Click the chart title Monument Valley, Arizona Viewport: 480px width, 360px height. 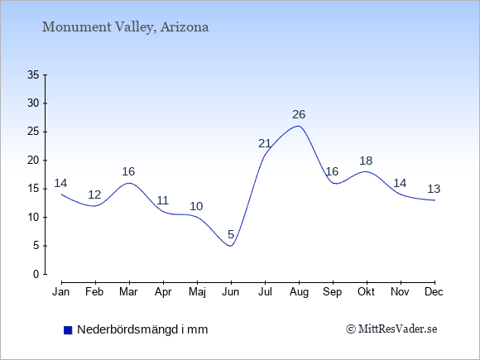tap(126, 27)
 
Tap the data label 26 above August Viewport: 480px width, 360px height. tap(299, 114)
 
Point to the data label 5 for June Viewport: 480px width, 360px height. tap(231, 234)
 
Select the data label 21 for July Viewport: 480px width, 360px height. tap(265, 143)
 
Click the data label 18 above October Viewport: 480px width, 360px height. tap(366, 161)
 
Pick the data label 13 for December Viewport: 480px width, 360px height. tap(434, 189)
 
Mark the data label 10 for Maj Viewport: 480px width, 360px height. tap(196, 206)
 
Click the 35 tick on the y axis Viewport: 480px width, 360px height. tap(33, 74)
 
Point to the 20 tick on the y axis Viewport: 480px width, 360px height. tap(33, 160)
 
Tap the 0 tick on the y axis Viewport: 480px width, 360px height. tap(36, 274)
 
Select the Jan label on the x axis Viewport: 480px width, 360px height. tap(61, 292)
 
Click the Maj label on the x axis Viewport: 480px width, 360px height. tap(197, 292)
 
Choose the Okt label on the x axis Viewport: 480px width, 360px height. tap(366, 292)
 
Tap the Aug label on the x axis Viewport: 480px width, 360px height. tap(299, 292)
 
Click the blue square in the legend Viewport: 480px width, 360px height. tap(68, 330)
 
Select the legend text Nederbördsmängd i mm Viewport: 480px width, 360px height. tap(142, 329)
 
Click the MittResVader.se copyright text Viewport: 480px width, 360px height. tap(391, 329)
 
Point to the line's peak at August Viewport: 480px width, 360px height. tap(299, 126)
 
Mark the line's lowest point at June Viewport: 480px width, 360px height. tap(231, 246)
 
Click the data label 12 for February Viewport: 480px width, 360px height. tap(94, 194)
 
